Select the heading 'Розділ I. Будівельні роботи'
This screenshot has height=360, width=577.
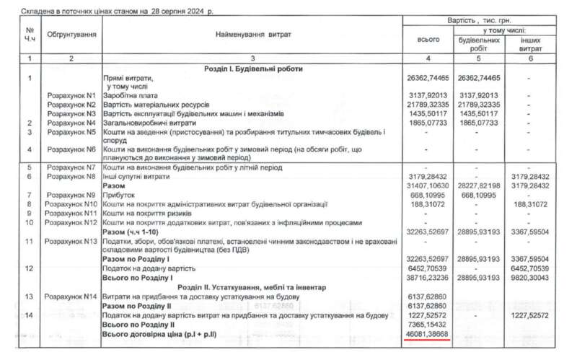pyautogui.click(x=252, y=69)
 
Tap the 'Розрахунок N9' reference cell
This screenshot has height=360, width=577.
pyautogui.click(x=71, y=196)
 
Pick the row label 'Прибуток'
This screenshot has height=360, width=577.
pyautogui.click(x=120, y=196)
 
